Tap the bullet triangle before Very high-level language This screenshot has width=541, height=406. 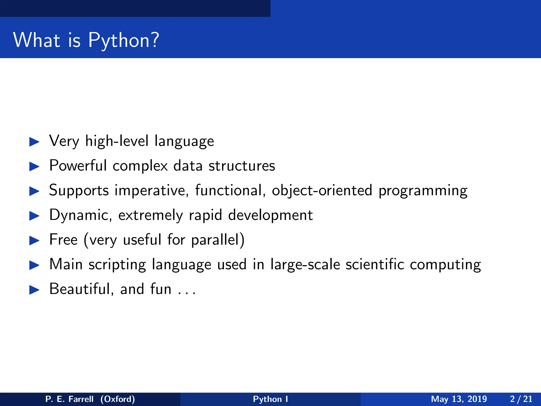click(x=34, y=142)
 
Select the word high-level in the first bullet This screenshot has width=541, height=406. click(x=116, y=141)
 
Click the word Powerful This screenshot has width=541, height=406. click(x=78, y=165)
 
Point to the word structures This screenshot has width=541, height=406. click(x=242, y=166)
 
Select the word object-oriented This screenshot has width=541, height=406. click(x=322, y=190)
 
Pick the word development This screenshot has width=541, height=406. click(x=270, y=215)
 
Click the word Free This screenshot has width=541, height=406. click(x=63, y=239)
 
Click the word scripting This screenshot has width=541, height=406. click(x=117, y=265)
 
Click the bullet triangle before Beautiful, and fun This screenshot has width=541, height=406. click(x=34, y=290)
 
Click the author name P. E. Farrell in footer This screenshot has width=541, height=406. click(x=69, y=399)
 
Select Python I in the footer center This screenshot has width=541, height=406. click(x=270, y=399)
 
